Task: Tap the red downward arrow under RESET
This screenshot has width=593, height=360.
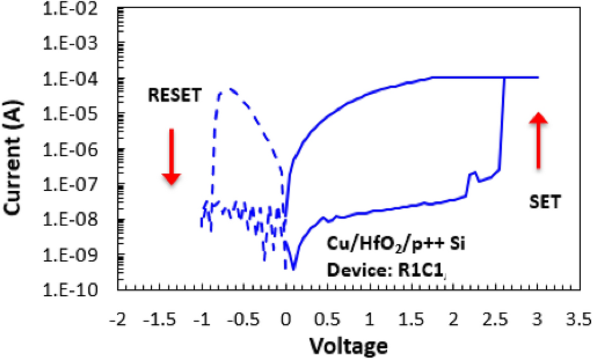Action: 172,156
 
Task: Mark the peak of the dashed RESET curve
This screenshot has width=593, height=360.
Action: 229,89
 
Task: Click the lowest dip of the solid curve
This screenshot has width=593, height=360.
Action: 293,268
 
